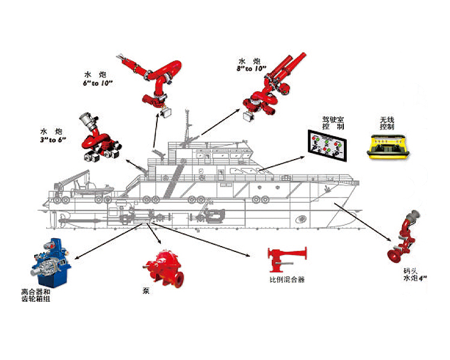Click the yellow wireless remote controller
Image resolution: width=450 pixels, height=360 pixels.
click(389, 146)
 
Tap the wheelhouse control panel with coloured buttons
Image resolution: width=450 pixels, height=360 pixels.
click(328, 146)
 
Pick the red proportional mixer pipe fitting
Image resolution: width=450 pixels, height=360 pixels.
click(287, 259)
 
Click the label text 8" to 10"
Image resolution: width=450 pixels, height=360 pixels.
click(251, 69)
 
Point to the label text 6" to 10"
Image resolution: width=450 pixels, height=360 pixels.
click(98, 83)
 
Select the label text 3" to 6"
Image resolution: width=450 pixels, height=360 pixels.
click(53, 140)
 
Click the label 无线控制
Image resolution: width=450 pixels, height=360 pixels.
click(387, 123)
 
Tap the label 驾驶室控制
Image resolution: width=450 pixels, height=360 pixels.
click(333, 123)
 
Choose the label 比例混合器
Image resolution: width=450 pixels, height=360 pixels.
click(287, 280)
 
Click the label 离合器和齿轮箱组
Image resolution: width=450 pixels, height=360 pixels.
click(36, 295)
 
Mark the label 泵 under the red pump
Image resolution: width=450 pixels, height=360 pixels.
click(146, 290)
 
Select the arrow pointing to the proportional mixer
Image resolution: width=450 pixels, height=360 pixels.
click(201, 239)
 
